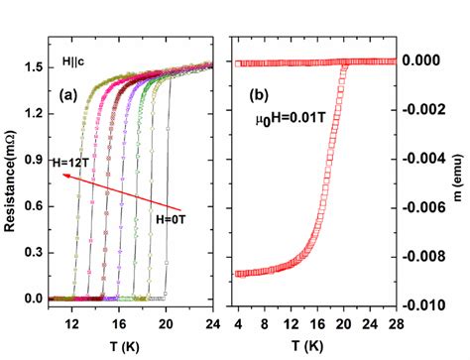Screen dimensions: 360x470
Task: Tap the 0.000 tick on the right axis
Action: click(x=428, y=61)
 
